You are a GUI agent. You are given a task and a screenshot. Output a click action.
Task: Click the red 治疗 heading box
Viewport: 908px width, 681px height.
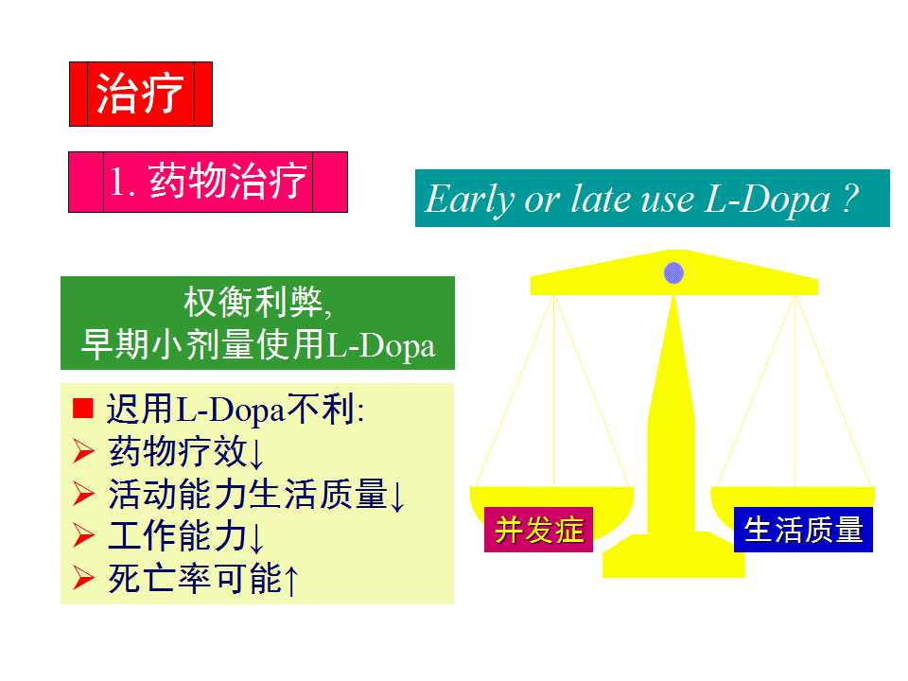tap(140, 94)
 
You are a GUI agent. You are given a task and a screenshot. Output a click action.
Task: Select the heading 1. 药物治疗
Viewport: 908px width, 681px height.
tap(208, 182)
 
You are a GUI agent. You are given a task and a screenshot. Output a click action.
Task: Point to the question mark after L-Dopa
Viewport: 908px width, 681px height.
tap(848, 200)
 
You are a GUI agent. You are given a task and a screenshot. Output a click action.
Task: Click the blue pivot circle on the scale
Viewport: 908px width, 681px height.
tap(673, 273)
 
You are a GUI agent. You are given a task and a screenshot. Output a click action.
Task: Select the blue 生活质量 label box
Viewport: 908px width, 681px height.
tap(803, 530)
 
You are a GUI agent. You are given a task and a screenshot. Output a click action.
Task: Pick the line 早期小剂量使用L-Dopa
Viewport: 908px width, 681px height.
tap(257, 346)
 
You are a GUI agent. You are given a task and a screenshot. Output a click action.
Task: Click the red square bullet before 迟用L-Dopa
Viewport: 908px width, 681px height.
tap(84, 410)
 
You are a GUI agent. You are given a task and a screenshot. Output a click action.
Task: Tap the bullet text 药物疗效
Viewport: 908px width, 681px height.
tap(178, 451)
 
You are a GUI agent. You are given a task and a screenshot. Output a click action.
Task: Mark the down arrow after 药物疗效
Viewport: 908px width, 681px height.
tap(256, 453)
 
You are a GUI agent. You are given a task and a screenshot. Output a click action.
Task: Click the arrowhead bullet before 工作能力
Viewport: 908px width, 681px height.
tap(83, 536)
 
